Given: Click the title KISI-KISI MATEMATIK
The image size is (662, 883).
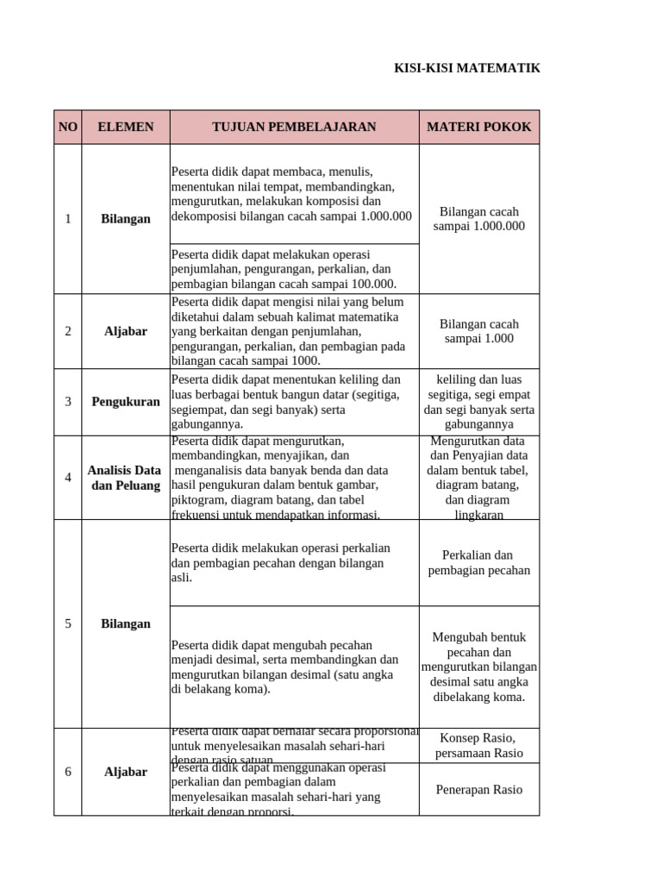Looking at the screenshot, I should click(x=467, y=68).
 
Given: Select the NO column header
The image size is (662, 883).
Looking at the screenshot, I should click(x=67, y=127).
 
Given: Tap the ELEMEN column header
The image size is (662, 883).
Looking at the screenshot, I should click(x=126, y=127).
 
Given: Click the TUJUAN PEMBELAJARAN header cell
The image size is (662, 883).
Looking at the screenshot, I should click(x=294, y=127).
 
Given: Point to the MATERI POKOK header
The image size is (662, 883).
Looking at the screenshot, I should click(x=479, y=127).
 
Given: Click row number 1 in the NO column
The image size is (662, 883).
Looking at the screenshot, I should click(x=68, y=219).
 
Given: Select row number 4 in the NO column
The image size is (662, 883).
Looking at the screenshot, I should click(x=68, y=478).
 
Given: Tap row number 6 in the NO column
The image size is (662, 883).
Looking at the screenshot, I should click(x=68, y=772).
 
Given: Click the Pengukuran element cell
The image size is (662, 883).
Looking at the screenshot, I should click(x=126, y=402).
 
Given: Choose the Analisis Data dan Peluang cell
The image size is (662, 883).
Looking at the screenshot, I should click(x=125, y=478).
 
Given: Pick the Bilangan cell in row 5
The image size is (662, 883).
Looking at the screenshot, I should click(x=126, y=623).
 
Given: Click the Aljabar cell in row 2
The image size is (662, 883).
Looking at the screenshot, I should click(x=126, y=331).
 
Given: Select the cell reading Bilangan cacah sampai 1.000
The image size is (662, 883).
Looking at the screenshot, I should click(x=479, y=331).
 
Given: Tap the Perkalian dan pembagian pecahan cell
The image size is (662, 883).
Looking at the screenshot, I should click(x=479, y=562).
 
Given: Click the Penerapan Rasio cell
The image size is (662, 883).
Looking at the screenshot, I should click(x=479, y=790).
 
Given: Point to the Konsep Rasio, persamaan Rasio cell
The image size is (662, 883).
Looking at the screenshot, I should click(x=479, y=746).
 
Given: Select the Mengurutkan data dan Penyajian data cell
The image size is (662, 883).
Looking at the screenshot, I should click(x=479, y=478).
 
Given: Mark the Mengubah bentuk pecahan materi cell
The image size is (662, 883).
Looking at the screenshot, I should click(x=479, y=667).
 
